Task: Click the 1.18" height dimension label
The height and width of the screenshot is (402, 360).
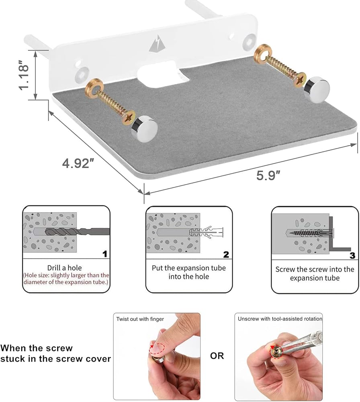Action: point(24,75)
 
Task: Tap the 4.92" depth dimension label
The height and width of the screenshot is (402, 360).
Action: point(78,163)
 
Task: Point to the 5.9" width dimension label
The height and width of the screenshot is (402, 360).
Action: point(268,176)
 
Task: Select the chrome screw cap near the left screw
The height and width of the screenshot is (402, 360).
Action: point(144,129)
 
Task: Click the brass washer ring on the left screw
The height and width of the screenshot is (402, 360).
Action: point(94,88)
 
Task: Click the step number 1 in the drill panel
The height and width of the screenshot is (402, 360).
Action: point(104,254)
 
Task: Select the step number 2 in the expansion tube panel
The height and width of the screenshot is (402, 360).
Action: point(226,254)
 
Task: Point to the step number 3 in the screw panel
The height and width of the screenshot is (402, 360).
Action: point(352,255)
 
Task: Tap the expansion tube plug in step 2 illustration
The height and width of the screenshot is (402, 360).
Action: point(206,233)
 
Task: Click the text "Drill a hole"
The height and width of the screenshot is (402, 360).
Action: point(65,268)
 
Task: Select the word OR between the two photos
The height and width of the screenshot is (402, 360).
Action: point(217,356)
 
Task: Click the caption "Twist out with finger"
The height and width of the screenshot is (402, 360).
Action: point(140,319)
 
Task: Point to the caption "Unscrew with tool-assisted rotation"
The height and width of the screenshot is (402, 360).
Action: point(280,319)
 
